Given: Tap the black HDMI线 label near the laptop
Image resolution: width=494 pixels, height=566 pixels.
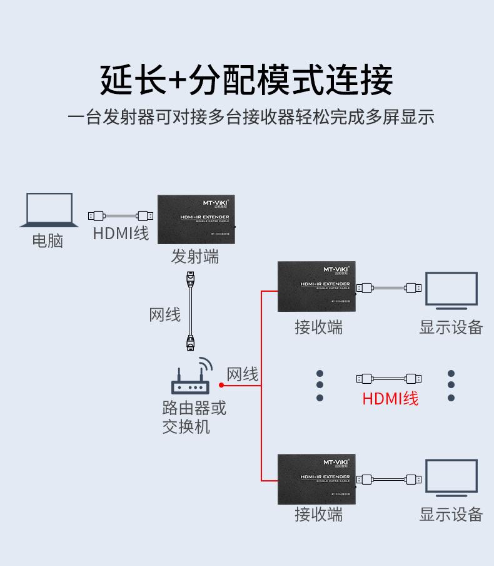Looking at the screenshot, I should [121, 234].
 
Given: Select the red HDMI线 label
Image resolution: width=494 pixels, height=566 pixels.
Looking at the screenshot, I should [390, 398].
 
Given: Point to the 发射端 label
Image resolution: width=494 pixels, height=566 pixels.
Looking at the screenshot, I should [195, 257].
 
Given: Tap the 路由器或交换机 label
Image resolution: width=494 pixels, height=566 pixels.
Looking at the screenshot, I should [194, 418].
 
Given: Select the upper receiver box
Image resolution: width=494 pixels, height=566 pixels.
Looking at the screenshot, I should [316, 286].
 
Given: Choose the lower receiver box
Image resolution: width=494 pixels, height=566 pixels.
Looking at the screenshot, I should [316, 479].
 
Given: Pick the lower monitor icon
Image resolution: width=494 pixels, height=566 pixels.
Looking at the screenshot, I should [451, 479].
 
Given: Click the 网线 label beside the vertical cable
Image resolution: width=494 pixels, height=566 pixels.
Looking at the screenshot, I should [164, 314].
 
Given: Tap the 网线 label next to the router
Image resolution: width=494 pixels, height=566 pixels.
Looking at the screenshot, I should [242, 374].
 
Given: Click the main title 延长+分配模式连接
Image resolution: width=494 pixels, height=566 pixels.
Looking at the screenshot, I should [246, 80].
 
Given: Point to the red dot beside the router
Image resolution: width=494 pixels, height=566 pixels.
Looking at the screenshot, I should [221, 385].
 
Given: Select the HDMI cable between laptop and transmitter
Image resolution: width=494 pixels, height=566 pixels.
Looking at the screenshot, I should [121, 216].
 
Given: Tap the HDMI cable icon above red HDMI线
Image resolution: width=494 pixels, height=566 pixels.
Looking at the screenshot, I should [388, 378].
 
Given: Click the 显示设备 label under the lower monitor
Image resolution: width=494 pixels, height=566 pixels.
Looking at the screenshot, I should [451, 514].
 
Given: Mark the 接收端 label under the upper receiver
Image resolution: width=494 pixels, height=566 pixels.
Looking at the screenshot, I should [318, 326].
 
